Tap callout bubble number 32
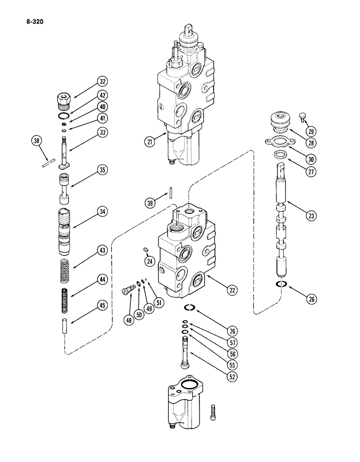102,83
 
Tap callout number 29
311,131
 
